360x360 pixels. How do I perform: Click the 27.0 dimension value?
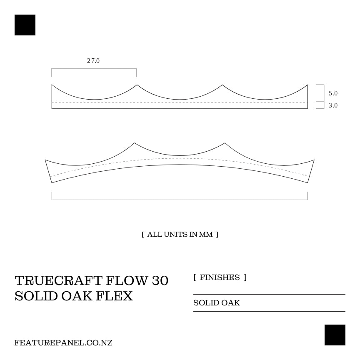click(x=93, y=61)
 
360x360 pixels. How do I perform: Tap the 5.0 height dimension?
click(x=333, y=93)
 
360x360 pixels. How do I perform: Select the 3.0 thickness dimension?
click(x=333, y=105)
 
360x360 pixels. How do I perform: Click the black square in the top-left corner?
click(x=25, y=25)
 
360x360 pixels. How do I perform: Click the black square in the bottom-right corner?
click(x=335, y=335)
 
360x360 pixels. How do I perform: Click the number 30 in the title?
click(x=160, y=281)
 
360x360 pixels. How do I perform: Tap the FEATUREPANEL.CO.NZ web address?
click(x=63, y=343)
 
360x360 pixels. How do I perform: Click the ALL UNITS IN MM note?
click(x=180, y=234)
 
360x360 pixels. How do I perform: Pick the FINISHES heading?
click(x=220, y=277)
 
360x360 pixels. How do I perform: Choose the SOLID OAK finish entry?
click(x=217, y=303)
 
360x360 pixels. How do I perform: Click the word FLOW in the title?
click(x=127, y=281)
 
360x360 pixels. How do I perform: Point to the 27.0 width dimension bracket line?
click(x=94, y=69)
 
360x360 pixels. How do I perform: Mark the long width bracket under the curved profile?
click(x=180, y=200)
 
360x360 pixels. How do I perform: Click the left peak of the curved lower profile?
click(x=134, y=143)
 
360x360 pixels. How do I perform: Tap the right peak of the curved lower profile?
click(x=225, y=143)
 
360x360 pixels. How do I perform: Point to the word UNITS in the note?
click(x=176, y=234)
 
